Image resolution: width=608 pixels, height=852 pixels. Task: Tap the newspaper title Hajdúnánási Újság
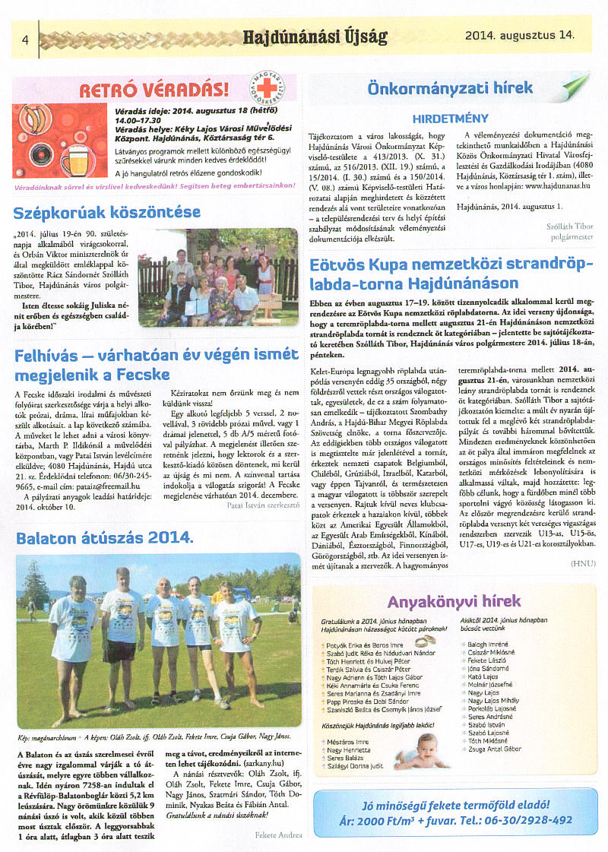pyautogui.click(x=315, y=36)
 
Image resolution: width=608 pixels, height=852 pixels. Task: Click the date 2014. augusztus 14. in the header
pyautogui.click(x=520, y=34)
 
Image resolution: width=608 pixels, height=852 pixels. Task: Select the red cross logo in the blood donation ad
pyautogui.click(x=268, y=90)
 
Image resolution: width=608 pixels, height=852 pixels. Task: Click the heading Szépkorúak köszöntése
pyautogui.click(x=107, y=212)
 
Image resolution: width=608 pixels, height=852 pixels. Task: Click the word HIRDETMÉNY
pyautogui.click(x=450, y=119)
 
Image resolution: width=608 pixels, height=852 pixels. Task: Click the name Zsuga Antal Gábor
pyautogui.click(x=494, y=749)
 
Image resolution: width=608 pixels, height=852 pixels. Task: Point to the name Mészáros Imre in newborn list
pyautogui.click(x=349, y=742)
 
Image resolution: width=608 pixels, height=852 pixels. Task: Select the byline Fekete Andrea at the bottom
pyautogui.click(x=279, y=835)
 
